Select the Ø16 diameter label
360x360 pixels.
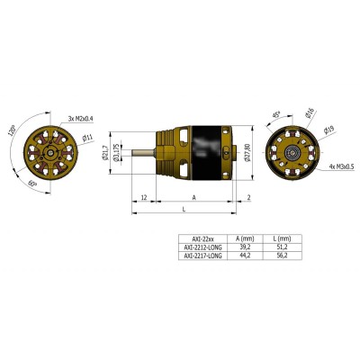pos(310,113)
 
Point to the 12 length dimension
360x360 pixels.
pos(144,197)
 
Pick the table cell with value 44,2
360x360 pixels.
pos(241,255)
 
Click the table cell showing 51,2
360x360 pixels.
pos(284,247)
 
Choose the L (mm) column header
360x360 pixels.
pos(284,238)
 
